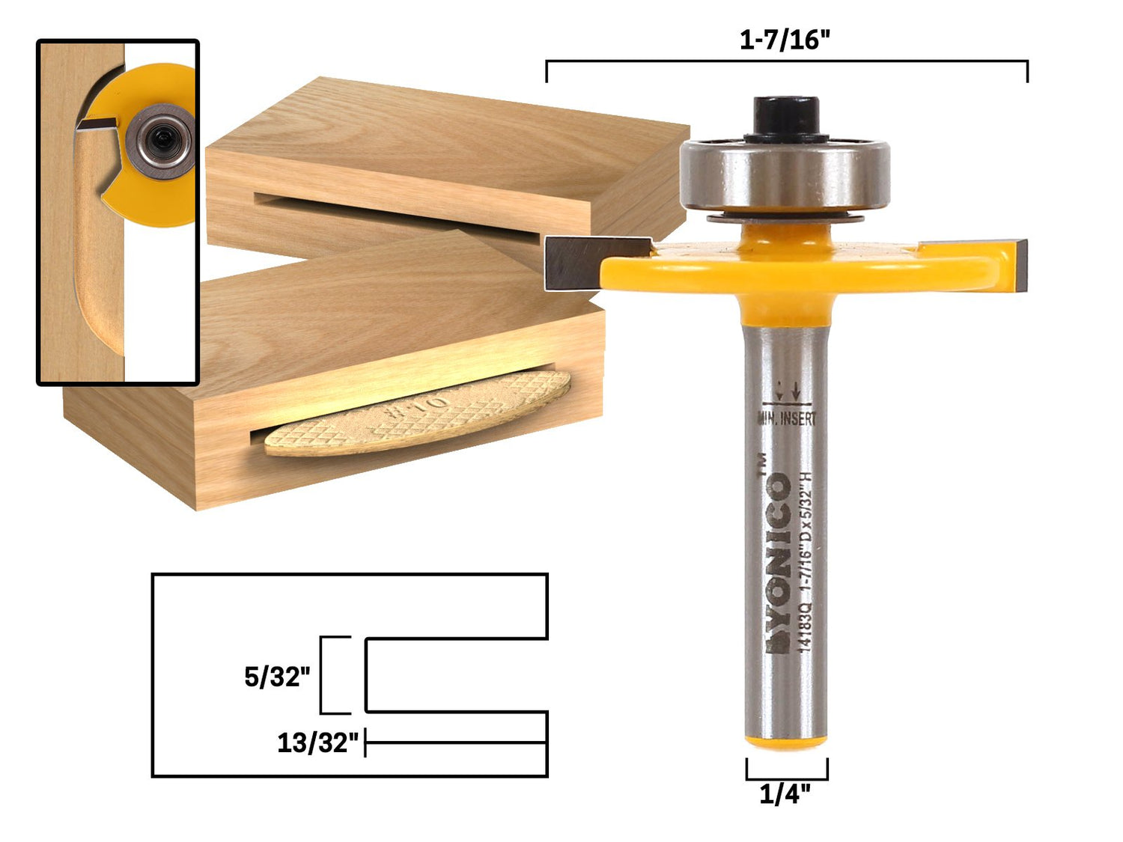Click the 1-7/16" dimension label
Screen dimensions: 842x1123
pyautogui.click(x=785, y=39)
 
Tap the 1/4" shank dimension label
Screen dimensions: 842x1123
pyautogui.click(x=785, y=794)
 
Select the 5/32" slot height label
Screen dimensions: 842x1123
pyautogui.click(x=277, y=677)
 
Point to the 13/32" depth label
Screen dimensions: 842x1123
pyautogui.click(x=317, y=742)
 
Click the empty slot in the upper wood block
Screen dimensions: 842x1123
pyautogui.click(x=389, y=213)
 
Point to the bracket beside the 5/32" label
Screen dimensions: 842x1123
pyautogui.click(x=329, y=675)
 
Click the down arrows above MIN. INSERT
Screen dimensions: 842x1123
pyautogui.click(x=788, y=391)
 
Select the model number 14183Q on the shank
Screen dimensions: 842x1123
pyautogui.click(x=806, y=629)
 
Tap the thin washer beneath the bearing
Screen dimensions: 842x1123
pyautogui.click(x=785, y=218)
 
